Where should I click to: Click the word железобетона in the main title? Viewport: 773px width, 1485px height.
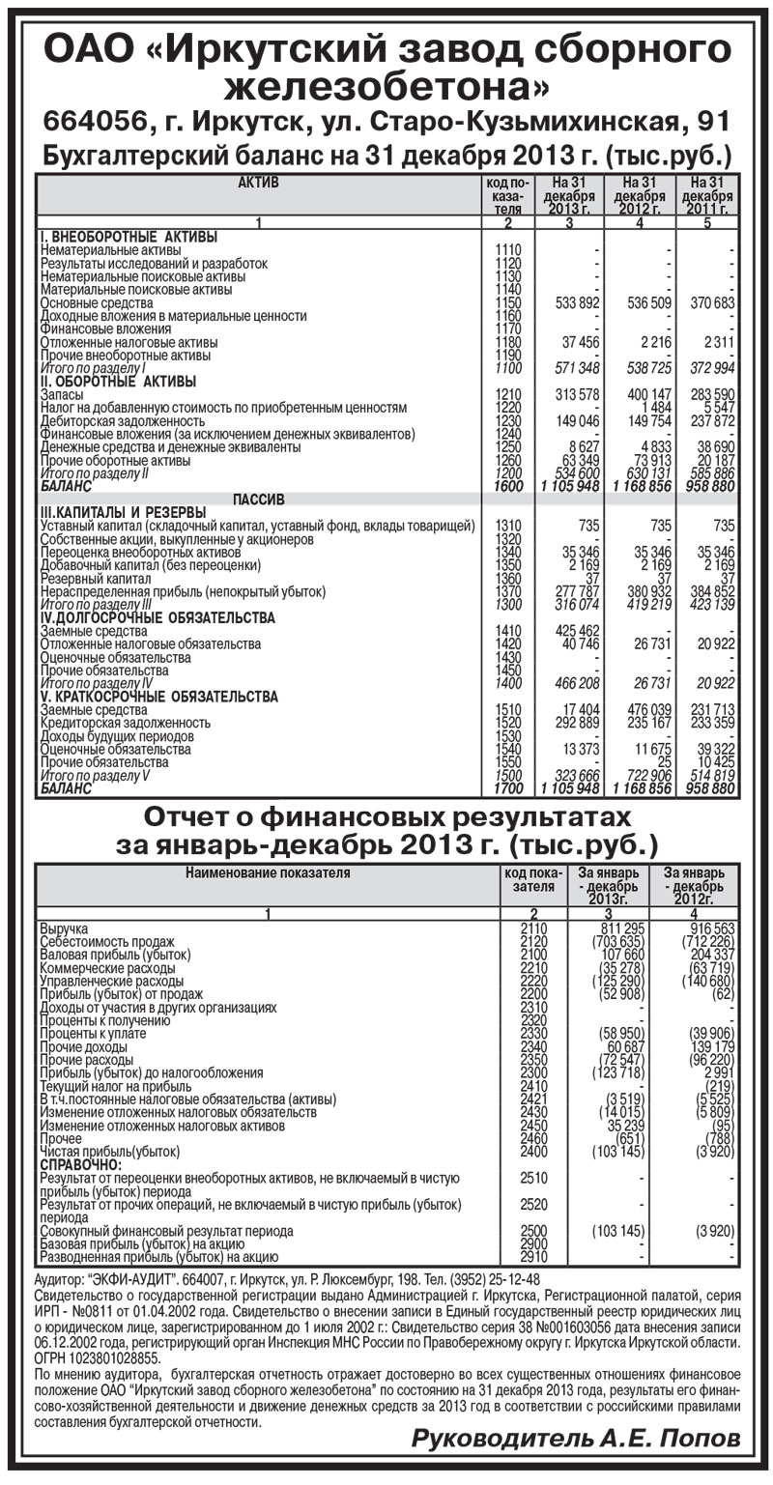(x=386, y=87)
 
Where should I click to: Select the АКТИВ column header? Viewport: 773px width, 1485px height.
(x=258, y=183)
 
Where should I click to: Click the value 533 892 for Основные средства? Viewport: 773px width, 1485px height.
(x=566, y=303)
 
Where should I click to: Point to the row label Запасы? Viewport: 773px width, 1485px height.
(x=61, y=395)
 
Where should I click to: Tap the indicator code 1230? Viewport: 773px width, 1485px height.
(x=507, y=421)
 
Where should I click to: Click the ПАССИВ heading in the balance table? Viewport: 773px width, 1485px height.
(x=259, y=499)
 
